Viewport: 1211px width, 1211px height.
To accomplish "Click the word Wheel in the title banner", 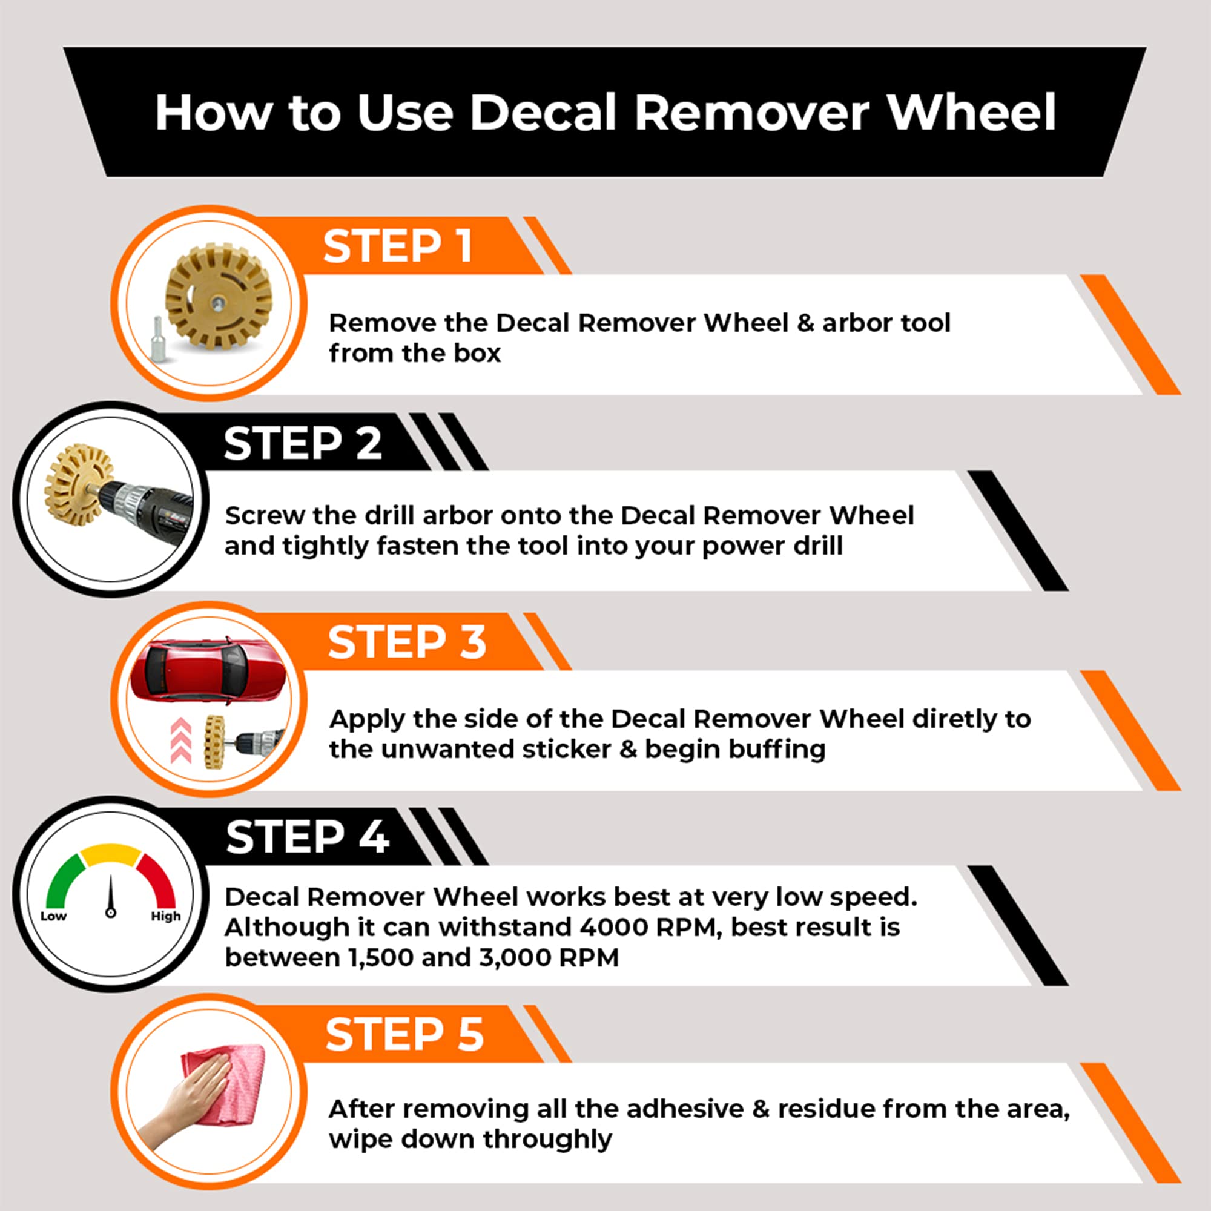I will (x=972, y=113).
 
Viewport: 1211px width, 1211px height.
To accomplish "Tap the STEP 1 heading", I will (x=397, y=246).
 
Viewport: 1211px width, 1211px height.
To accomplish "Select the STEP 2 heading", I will (x=303, y=444).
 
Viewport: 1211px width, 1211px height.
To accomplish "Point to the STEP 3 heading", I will (x=407, y=642).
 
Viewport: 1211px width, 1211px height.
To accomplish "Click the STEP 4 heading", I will (x=307, y=837).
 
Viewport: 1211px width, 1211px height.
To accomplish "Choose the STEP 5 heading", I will (x=404, y=1035).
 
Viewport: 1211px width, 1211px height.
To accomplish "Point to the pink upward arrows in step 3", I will (x=180, y=740).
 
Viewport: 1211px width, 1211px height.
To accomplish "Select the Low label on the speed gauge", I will (x=53, y=916).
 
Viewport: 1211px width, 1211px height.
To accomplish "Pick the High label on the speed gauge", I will (x=165, y=916).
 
